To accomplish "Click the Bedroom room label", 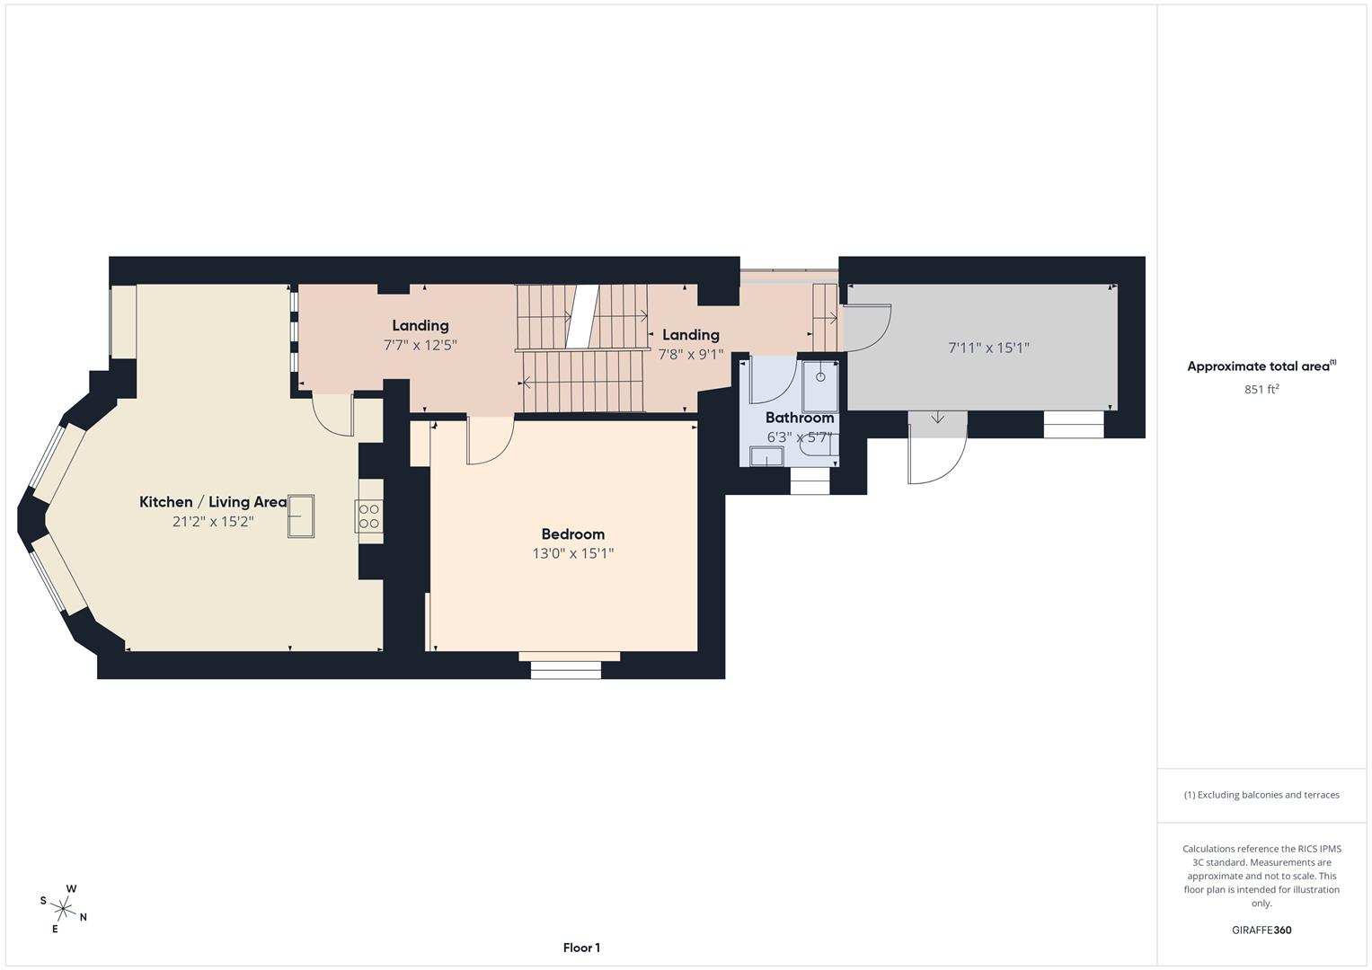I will (x=572, y=534).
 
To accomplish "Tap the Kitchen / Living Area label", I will (x=213, y=502).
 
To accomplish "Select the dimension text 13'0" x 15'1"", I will (x=572, y=554).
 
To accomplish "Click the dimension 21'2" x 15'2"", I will (x=213, y=522).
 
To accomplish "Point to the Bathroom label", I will (x=799, y=418).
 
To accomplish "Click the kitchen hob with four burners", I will (x=369, y=516).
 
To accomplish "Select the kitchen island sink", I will (x=301, y=516).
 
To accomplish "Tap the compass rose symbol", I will (x=63, y=908).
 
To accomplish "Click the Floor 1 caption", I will (x=581, y=948).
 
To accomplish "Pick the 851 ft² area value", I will (x=1261, y=390).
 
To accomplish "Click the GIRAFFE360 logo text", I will (x=1261, y=930).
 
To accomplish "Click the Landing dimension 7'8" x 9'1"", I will (x=690, y=355).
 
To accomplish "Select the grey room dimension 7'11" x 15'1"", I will (x=988, y=348).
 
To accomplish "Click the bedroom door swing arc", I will (x=491, y=444).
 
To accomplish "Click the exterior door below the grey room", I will (x=937, y=449).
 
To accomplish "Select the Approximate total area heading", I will (x=1261, y=366).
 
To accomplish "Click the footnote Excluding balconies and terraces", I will (x=1261, y=795).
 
